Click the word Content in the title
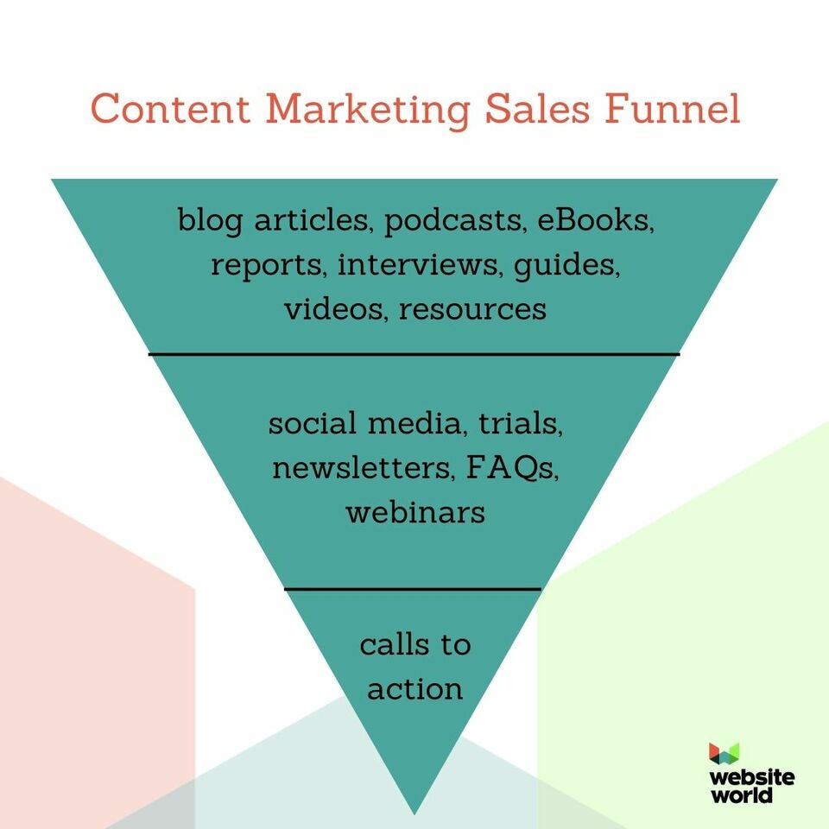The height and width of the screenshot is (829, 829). tap(170, 109)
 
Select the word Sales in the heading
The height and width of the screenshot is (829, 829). tap(536, 109)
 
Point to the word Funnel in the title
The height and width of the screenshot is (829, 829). tap(672, 109)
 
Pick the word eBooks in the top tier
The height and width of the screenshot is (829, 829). tap(596, 219)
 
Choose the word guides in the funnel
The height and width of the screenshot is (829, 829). tap(566, 265)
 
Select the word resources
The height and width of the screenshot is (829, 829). tap(472, 310)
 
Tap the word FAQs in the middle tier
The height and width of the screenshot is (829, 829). tap(512, 468)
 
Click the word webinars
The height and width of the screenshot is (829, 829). tap(415, 512)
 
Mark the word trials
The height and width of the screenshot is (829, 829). tap(521, 423)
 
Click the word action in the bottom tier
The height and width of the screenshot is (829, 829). tap(415, 689)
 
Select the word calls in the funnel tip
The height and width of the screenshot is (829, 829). tap(394, 644)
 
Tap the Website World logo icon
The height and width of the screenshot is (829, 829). tap(724, 753)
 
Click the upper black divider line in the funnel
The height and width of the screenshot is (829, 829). tap(414, 354)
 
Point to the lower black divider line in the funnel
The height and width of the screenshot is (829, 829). tap(413, 589)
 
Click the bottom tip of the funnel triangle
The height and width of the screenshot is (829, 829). tap(414, 814)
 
